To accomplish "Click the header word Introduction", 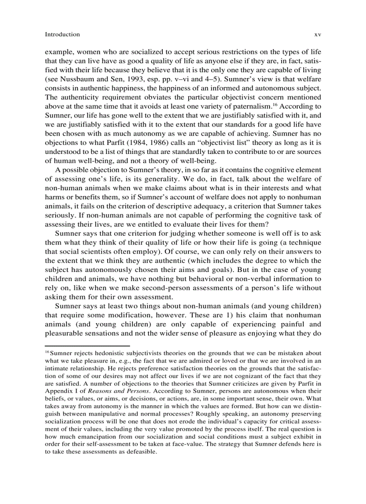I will [x=62, y=34].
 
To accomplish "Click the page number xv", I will [x=318, y=34].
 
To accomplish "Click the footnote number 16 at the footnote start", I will [x=48, y=352].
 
